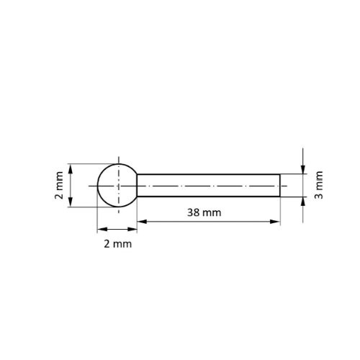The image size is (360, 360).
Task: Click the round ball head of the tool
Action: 117,185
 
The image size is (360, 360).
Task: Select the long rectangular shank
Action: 209,185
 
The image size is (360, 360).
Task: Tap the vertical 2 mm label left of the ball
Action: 59,186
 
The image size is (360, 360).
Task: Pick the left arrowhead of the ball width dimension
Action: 100,230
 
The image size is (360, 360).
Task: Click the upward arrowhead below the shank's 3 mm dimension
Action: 304,201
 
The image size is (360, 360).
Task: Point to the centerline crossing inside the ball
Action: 117,185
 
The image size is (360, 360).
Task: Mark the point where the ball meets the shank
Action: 137,185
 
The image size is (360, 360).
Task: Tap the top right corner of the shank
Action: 280,174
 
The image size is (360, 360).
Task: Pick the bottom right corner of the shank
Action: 280,197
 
